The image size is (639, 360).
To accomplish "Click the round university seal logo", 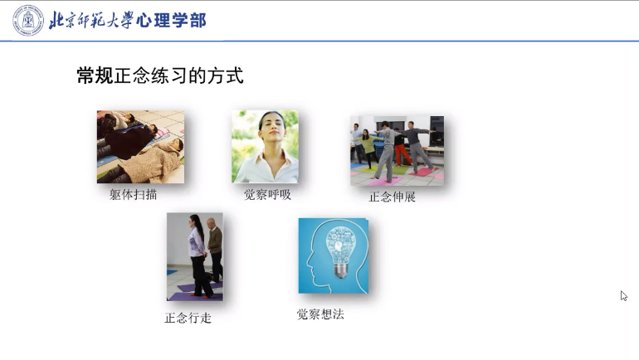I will pos(27,20).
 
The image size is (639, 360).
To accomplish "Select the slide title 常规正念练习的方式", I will pos(159,76).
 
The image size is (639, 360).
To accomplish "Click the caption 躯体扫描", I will pos(133,195).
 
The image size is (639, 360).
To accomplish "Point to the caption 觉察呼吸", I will pos(267,195).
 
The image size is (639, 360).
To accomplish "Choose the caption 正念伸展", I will pos(392,197).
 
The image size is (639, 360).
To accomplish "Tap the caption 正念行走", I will pos(188,317).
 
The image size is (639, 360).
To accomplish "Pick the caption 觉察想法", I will pos(319,314).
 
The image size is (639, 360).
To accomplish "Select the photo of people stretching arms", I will pos(397,150).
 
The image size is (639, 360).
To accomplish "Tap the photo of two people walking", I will pos(194,256).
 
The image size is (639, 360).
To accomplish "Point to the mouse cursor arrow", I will pos(623,295).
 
